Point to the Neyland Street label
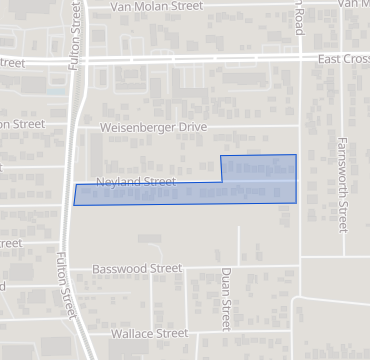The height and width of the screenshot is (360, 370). coord(136,182)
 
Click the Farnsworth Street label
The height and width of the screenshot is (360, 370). coord(342,185)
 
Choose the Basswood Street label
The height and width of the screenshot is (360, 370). coord(137,269)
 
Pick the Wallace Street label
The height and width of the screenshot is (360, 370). coord(149,333)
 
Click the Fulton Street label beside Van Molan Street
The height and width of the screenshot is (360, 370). coord(74,35)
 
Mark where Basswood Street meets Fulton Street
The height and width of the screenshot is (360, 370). coord(66,269)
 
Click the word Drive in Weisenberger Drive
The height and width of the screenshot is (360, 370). coord(190,128)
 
